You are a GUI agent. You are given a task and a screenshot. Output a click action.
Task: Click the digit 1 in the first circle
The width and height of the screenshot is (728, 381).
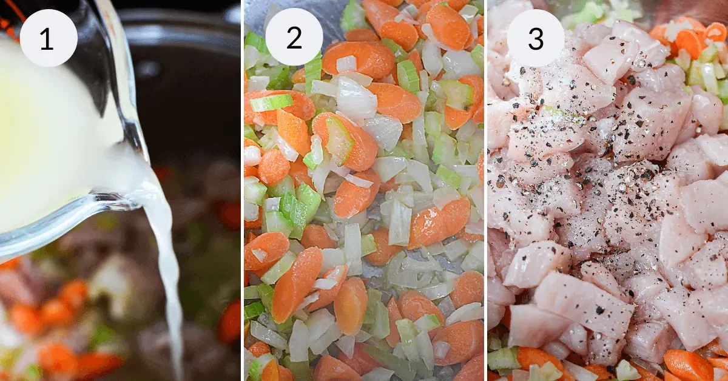47,39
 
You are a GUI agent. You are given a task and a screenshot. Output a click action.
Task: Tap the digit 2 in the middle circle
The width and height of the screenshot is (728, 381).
294,38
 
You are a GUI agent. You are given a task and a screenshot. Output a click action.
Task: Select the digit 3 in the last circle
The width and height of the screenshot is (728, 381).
536,39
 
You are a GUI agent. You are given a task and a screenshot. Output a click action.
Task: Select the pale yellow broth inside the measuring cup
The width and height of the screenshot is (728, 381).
49,137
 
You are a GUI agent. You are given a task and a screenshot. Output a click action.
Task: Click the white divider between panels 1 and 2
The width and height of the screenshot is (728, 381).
243,190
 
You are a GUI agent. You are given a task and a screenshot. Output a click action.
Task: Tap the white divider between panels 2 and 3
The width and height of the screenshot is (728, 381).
485,190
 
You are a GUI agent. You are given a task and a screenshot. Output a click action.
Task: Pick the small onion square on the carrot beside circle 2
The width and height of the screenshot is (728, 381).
346,64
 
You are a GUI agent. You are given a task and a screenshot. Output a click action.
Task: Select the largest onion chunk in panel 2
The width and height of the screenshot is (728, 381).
356,98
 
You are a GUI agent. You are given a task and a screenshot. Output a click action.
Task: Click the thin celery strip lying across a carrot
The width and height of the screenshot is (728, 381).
271,103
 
